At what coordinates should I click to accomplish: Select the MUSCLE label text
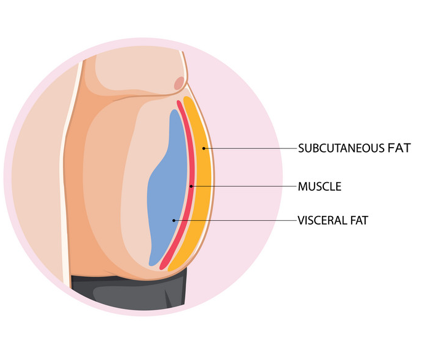320,186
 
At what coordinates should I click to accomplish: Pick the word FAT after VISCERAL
360,220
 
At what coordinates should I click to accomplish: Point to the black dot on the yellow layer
204,148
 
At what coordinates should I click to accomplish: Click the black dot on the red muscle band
191,186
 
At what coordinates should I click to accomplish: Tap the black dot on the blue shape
174,220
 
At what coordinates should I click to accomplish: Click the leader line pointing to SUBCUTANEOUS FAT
250,148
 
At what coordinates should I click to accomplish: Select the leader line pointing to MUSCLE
244,186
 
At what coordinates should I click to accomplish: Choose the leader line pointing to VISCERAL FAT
235,220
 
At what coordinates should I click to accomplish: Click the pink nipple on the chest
179,83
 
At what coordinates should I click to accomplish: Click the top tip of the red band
179,101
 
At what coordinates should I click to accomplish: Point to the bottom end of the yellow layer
170,270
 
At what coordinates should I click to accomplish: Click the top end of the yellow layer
187,97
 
